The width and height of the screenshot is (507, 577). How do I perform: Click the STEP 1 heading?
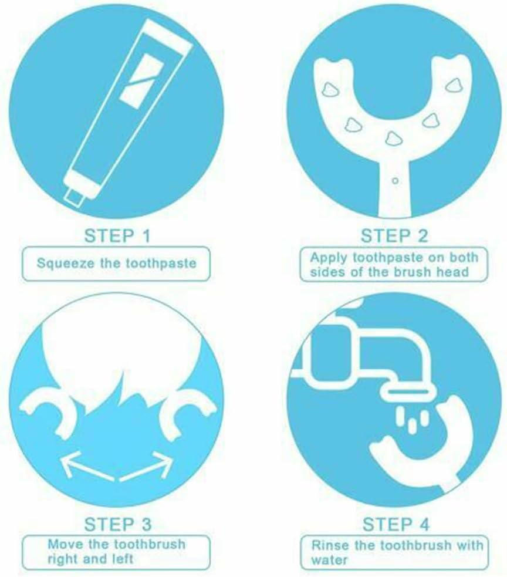pyautogui.click(x=117, y=236)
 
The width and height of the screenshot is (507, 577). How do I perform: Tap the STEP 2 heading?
pyautogui.click(x=394, y=236)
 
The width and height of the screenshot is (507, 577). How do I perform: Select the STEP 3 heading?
pyautogui.click(x=117, y=524)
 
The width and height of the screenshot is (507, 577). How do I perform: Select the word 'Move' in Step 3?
pyautogui.click(x=63, y=544)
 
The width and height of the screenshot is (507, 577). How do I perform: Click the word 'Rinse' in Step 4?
pyautogui.click(x=327, y=545)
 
